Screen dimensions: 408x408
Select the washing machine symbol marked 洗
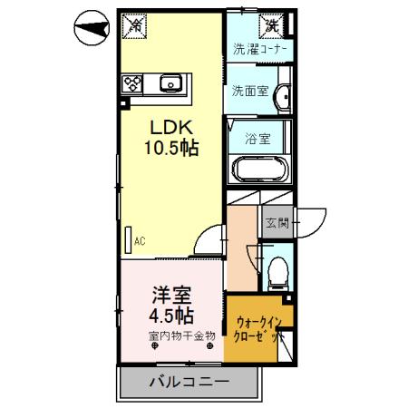coord(271,25)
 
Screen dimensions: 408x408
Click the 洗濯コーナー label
coord(259,50)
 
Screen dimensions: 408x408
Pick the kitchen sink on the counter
coord(170,84)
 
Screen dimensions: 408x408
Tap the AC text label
coord(141,241)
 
